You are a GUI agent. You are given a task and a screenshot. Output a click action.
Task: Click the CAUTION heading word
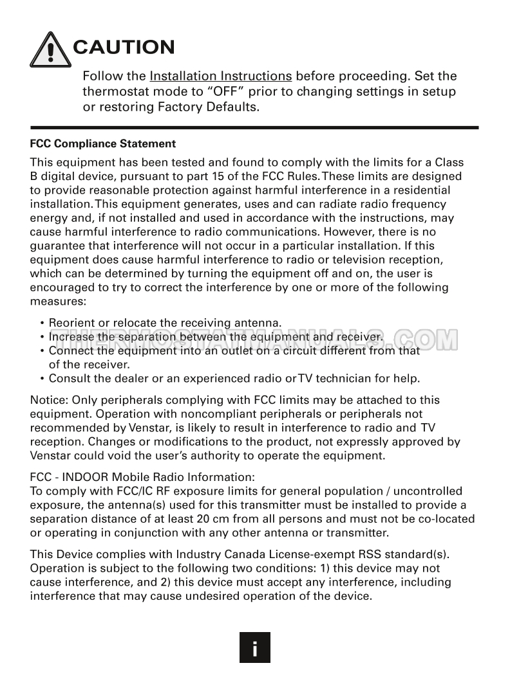pos(124,47)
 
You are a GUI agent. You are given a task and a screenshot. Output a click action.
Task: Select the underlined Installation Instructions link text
pos(221,76)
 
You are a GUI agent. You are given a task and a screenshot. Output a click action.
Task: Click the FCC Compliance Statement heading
pos(103,143)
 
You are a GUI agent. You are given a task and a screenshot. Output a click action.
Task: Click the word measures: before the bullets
pos(57,301)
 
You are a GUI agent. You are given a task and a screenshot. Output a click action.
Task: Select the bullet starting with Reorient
pos(165,323)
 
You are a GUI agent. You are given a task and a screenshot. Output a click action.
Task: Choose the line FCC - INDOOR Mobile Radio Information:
pos(143,477)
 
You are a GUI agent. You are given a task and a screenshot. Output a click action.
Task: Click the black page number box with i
pos(255,647)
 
